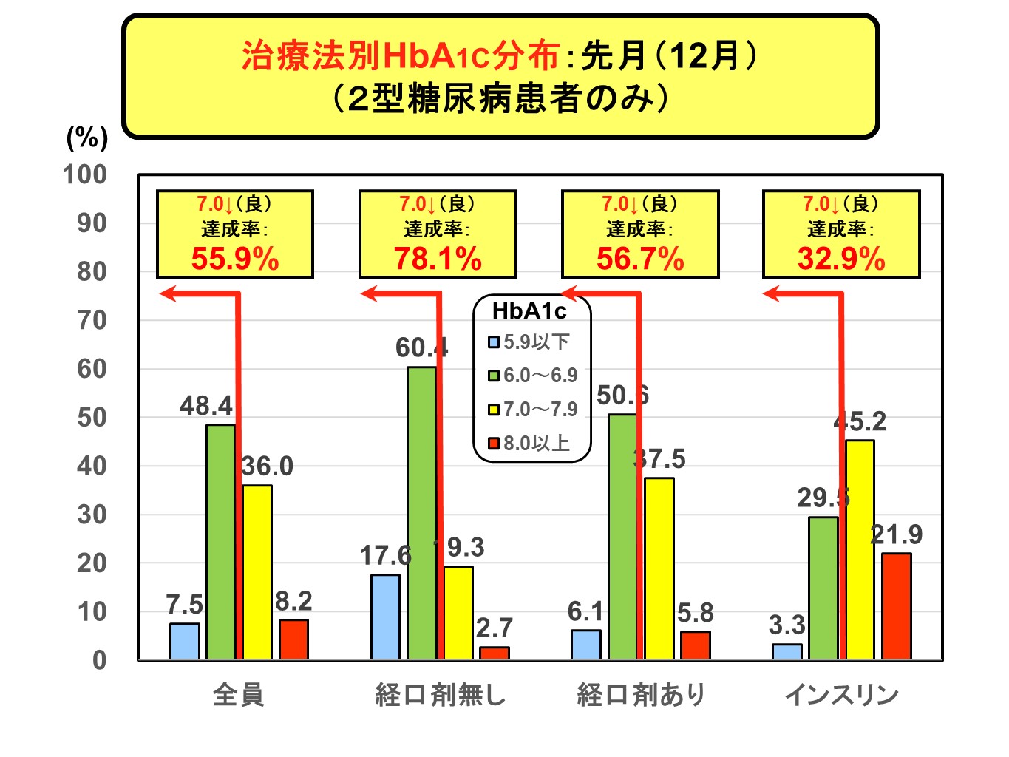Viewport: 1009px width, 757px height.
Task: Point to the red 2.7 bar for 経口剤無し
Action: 494,653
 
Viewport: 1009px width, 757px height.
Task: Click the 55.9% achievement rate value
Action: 235,259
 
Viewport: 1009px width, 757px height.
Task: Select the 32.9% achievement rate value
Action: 841,259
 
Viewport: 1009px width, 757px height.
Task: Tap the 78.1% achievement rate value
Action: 438,259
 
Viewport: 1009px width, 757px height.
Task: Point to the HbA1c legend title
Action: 529,311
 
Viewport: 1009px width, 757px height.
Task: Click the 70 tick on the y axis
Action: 92,320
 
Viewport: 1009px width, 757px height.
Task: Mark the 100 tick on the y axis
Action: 85,174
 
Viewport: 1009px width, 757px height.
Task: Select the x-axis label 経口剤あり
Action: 641,695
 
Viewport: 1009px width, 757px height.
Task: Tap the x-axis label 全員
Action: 238,695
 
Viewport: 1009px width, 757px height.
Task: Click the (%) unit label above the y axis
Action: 87,138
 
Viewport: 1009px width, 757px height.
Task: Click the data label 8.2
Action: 293,601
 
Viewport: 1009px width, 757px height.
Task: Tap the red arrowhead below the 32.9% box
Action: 772,294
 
